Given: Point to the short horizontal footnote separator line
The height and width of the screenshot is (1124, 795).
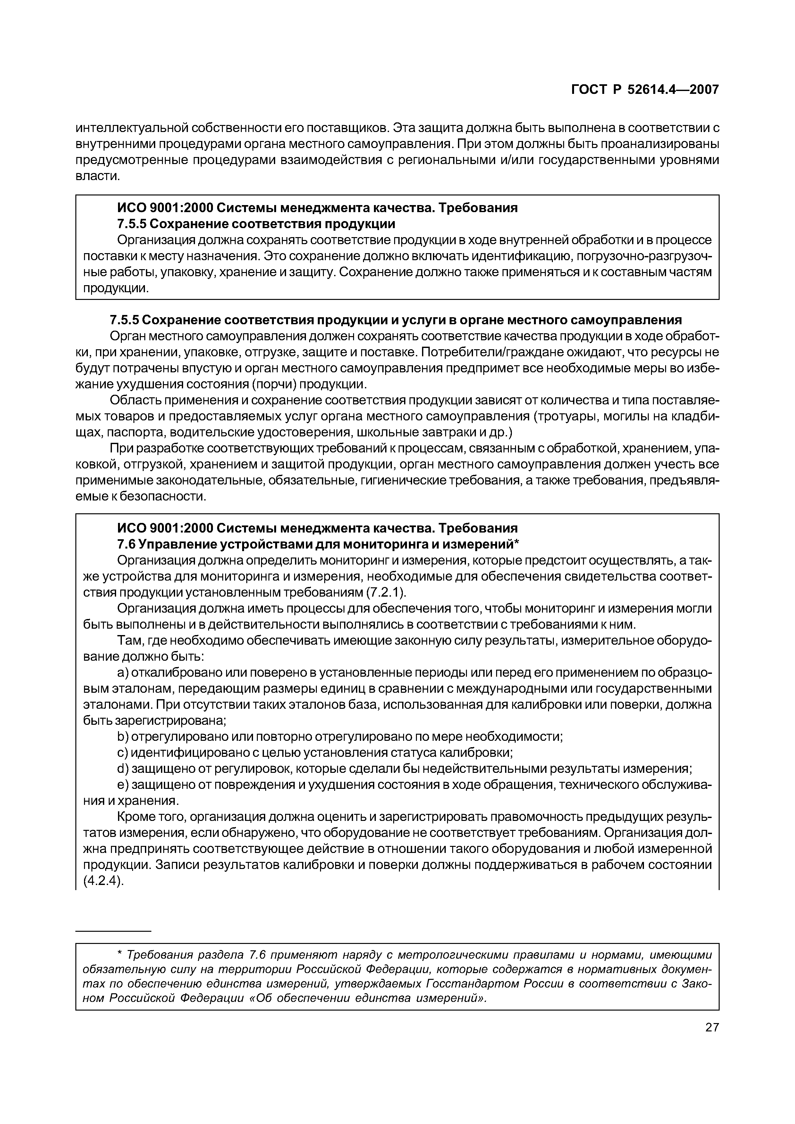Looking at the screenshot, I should pos(114,930).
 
